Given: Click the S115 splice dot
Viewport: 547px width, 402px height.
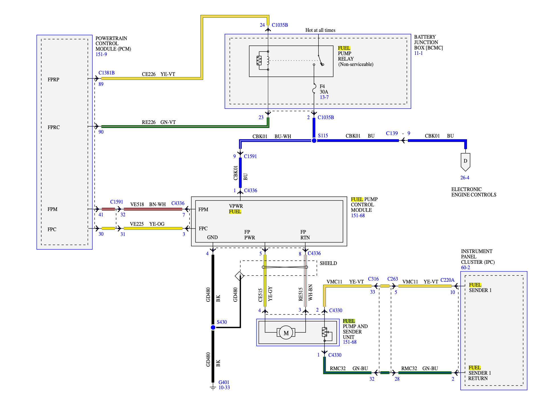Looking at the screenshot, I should point(314,141).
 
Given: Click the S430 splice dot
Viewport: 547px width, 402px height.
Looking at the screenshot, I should point(213,328).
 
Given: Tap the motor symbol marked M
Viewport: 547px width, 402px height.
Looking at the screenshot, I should point(286,333).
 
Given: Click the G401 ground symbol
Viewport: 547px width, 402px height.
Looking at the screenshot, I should point(213,387).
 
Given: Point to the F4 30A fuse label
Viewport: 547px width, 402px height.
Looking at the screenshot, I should point(324,89).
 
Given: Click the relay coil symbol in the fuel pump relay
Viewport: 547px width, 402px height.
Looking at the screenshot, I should point(259,61).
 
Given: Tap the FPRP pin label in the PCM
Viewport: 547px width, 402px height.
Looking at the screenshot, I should point(54,80).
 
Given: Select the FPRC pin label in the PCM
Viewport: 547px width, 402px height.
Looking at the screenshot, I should point(54,127).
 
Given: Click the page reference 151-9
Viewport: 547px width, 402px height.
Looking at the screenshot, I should point(101,54).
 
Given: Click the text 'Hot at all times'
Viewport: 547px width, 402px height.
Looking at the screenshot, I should point(320,30).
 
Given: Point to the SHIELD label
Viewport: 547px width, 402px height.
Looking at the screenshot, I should point(328,263).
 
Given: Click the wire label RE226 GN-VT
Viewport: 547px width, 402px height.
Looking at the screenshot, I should point(159,122).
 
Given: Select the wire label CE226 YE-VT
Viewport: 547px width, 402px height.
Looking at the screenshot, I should point(159,74).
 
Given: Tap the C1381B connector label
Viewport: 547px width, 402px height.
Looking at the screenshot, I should point(106,73).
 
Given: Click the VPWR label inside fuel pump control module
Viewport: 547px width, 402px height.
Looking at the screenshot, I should point(236,206).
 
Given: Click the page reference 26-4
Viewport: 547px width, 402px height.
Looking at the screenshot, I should point(464,178).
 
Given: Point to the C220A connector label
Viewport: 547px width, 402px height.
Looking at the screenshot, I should point(447,280).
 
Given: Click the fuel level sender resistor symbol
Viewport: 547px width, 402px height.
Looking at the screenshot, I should point(324,332).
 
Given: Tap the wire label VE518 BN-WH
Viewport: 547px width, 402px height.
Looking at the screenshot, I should point(148,204).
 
